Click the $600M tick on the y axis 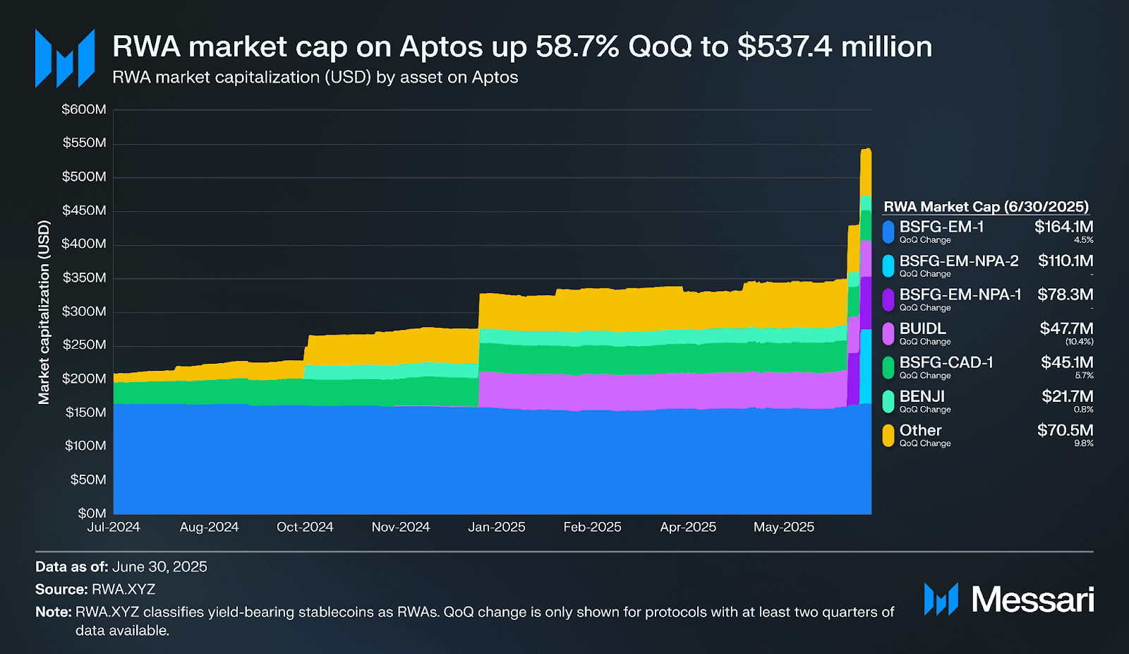(x=84, y=109)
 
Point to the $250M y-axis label (x=84, y=345)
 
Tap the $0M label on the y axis (x=92, y=513)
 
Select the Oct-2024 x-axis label (x=305, y=527)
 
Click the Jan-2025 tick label (x=497, y=527)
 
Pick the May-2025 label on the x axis (x=783, y=527)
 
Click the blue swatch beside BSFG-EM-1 (x=888, y=232)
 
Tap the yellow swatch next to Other (x=888, y=435)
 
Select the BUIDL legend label (x=922, y=328)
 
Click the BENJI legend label (x=922, y=396)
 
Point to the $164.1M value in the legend (x=1063, y=227)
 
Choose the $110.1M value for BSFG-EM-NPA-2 (x=1065, y=261)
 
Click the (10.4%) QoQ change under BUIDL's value (x=1079, y=342)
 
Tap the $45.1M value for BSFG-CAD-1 (x=1067, y=362)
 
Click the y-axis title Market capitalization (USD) (x=44, y=312)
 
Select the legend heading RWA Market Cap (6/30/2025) (x=986, y=206)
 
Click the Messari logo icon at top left (x=65, y=58)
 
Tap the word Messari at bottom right (x=1032, y=600)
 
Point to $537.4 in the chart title (x=785, y=47)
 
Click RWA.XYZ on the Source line (x=123, y=589)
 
